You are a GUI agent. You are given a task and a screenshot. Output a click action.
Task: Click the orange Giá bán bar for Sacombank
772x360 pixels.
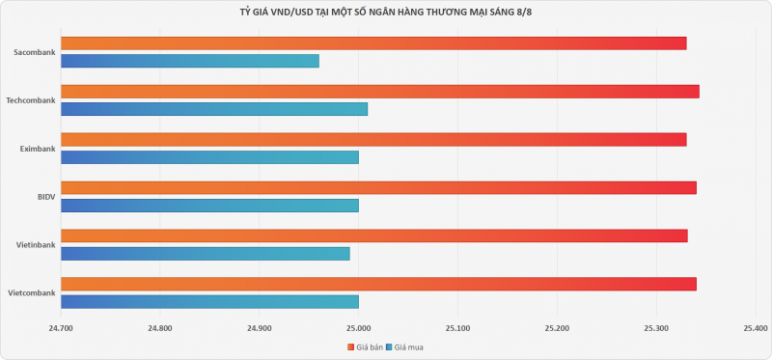pyautogui.click(x=373, y=43)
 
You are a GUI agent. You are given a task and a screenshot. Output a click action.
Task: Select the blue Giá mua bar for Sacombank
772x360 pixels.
pyautogui.click(x=190, y=61)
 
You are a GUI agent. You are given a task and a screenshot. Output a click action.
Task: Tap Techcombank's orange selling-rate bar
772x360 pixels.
pyautogui.click(x=380, y=92)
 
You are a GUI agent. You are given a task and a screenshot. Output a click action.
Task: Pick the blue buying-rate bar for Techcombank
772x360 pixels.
pyautogui.click(x=214, y=109)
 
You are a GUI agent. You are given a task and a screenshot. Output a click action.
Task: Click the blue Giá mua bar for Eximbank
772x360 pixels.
pyautogui.click(x=209, y=157)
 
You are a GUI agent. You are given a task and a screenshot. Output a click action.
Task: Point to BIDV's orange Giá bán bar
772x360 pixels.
pyautogui.click(x=378, y=187)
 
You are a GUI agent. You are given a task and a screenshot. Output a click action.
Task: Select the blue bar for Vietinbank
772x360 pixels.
pyautogui.click(x=206, y=254)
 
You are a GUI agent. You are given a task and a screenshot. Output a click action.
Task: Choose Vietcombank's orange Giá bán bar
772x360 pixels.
pyautogui.click(x=378, y=284)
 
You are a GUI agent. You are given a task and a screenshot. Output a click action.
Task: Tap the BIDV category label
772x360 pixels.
pyautogui.click(x=46, y=197)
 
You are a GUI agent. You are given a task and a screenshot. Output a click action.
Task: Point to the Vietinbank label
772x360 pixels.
pyautogui.click(x=36, y=245)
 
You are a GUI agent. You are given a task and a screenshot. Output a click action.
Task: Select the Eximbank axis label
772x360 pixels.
pyautogui.click(x=38, y=149)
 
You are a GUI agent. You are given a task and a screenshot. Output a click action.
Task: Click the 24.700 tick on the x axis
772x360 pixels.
pyautogui.click(x=61, y=328)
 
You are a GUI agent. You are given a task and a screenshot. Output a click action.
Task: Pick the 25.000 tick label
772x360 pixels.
pyautogui.click(x=358, y=328)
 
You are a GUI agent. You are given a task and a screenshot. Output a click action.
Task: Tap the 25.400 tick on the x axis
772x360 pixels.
pyautogui.click(x=756, y=328)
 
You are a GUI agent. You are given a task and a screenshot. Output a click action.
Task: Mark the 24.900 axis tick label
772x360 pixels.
pyautogui.click(x=259, y=328)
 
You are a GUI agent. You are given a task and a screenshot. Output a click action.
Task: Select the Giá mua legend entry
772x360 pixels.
pyautogui.click(x=404, y=347)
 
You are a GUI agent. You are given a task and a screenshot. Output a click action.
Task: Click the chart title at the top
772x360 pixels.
pyautogui.click(x=385, y=13)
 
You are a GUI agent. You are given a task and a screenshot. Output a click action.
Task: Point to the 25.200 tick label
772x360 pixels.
pyautogui.click(x=558, y=328)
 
